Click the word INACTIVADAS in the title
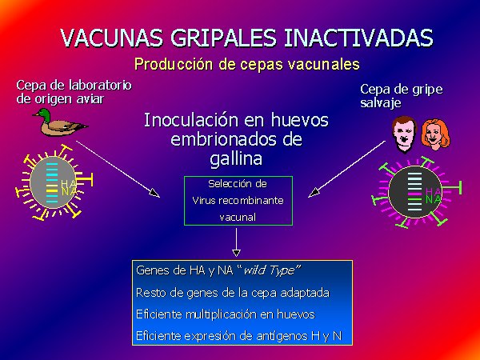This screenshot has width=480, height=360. coord(358,38)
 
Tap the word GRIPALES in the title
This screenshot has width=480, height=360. coord(223,38)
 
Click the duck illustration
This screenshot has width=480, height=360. coord(60,122)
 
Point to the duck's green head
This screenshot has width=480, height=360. coord(44,114)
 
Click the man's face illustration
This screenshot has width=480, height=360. coord(404,134)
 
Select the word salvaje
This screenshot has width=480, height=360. coord(381,103)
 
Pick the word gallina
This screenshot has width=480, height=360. coord(236,158)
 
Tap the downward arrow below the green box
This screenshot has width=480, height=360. coord(236,242)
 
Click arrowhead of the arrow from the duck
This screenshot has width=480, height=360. coord(154,193)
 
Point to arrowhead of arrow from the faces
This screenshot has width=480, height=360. coord(314,193)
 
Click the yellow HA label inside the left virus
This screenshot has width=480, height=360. coord(69,183)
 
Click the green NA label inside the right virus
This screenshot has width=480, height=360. coord(433,199)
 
